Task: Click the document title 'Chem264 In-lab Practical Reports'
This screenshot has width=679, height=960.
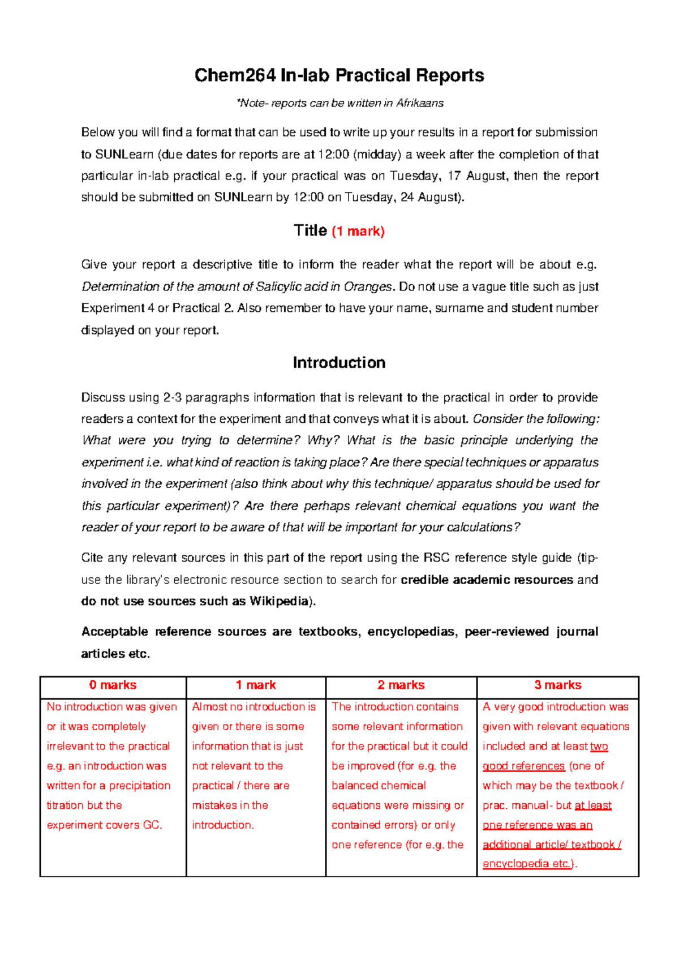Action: coord(339,75)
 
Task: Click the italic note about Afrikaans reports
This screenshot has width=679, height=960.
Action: coord(339,103)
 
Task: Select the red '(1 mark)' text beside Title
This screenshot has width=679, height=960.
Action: coord(358,231)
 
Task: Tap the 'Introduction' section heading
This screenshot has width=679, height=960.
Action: coord(339,363)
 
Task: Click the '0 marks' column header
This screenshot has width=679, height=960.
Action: coord(113,685)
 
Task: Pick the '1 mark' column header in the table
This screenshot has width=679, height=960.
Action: coord(256,685)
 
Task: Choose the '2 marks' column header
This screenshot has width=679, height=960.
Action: coord(401,685)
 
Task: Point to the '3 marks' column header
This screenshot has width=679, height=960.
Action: coord(558,685)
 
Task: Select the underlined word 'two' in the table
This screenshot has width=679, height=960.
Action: coord(599,746)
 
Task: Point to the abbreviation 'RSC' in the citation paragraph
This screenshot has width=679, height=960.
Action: coord(436,558)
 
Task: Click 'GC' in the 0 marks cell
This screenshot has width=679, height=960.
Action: coord(152,825)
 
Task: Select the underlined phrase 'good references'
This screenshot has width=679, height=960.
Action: coord(523,766)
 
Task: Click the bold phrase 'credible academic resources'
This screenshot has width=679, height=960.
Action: coord(487,580)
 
